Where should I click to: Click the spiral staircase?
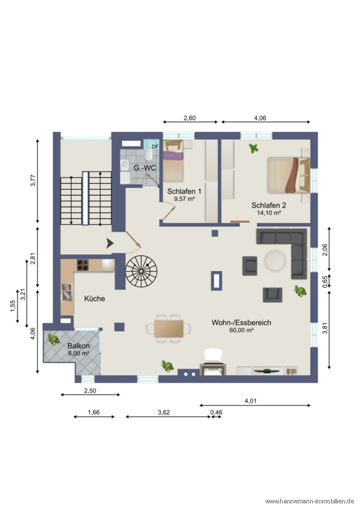pyautogui.click(x=142, y=271)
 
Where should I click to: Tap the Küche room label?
pyautogui.click(x=95, y=299)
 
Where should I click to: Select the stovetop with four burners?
pyautogui.click(x=83, y=265)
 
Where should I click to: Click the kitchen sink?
pyautogui.click(x=67, y=292)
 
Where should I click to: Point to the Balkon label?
pyautogui.click(x=79, y=346)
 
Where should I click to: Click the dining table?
pyautogui.click(x=169, y=329)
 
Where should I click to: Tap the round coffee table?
pyautogui.click(x=275, y=260)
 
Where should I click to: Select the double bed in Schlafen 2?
pyautogui.click(x=288, y=175)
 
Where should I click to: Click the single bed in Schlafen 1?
pyautogui.click(x=174, y=161)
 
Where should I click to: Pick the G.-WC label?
pyautogui.click(x=145, y=168)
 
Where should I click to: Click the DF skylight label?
pyautogui.click(x=155, y=146)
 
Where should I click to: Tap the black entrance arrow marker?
pyautogui.click(x=110, y=243)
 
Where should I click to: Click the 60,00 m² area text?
pyautogui.click(x=241, y=330)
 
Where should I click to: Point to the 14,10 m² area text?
pyautogui.click(x=268, y=213)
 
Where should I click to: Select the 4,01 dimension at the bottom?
pyautogui.click(x=251, y=401)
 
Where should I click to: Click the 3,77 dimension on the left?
pyautogui.click(x=33, y=180)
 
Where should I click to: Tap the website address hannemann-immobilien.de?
pyautogui.click(x=310, y=502)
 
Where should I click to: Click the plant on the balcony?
pyautogui.click(x=53, y=339)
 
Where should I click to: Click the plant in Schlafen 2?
pyautogui.click(x=254, y=149)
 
